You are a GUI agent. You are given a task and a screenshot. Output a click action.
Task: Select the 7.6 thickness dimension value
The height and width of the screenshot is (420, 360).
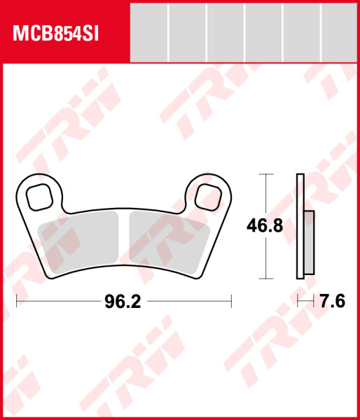[x=332, y=302]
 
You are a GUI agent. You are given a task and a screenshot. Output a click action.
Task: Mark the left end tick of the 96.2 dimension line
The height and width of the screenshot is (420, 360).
[x=16, y=302]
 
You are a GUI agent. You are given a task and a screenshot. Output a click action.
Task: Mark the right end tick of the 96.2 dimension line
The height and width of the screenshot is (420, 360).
[x=231, y=302]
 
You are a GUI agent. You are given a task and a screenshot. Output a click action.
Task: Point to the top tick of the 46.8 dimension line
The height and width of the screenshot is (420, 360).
[x=264, y=174]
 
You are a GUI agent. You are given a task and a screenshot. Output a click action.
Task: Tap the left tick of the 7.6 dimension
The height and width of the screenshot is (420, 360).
[x=298, y=302]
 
